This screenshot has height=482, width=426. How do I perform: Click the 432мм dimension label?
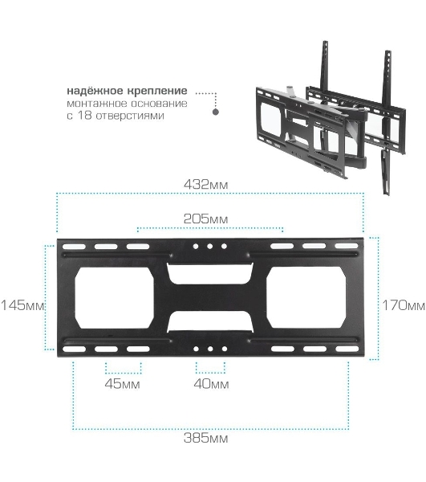[206, 185]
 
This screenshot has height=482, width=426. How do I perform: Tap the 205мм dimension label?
[205, 219]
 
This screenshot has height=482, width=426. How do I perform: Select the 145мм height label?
[22, 305]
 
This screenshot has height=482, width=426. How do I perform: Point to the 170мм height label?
[404, 305]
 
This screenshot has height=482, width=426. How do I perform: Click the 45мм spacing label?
[123, 384]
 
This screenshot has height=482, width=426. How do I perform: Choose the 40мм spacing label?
[211, 384]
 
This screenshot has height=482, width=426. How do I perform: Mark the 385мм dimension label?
[205, 438]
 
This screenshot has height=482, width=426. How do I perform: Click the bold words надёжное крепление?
[127, 91]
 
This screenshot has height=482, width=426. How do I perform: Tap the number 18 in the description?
[83, 116]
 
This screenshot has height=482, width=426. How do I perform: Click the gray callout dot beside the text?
[216, 112]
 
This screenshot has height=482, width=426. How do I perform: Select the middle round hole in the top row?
[210, 247]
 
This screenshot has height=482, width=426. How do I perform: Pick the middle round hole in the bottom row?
[210, 349]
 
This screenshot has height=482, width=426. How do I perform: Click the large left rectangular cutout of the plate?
[115, 297]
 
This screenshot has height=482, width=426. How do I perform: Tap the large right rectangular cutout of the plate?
[306, 297]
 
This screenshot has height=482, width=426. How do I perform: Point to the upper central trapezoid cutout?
[210, 273]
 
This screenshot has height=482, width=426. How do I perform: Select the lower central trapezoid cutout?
[210, 321]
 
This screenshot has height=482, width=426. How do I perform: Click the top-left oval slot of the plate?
[74, 247]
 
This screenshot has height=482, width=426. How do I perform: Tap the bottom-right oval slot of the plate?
[347, 349]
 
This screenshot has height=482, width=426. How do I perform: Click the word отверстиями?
[130, 116]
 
